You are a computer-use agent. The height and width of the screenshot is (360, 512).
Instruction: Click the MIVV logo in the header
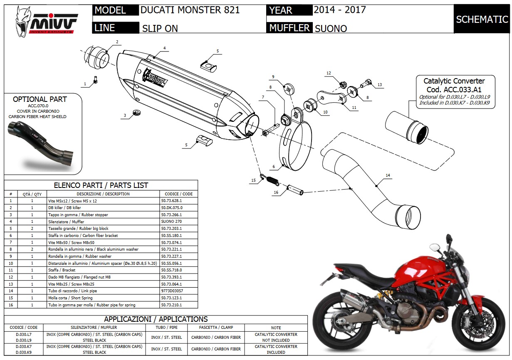coord(47,22)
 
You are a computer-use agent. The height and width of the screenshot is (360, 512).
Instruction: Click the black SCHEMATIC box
coord(482,19)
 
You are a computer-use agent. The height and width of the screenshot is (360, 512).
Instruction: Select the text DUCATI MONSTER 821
coord(190,10)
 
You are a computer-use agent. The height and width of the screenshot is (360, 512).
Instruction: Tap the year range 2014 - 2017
coord(340,10)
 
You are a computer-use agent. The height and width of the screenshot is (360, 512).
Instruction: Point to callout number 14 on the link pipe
coord(388,175)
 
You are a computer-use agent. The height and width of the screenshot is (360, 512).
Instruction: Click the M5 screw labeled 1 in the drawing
coord(96,79)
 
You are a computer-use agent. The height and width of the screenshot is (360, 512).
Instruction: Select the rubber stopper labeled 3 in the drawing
coord(137,112)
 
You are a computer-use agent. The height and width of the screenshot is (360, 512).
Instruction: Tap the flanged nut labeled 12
coord(343,85)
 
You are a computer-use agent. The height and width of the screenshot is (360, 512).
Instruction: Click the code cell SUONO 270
coord(171,221)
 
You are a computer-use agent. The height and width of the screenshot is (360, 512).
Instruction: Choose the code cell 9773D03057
coord(172,291)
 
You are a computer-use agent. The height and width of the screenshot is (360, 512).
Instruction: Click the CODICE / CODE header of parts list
coord(178,194)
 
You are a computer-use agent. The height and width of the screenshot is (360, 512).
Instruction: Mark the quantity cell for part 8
coord(32,249)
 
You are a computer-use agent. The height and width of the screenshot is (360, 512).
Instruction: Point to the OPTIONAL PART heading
coord(40,99)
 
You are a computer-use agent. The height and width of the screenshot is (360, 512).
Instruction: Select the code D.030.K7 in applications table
coord(24,347)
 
